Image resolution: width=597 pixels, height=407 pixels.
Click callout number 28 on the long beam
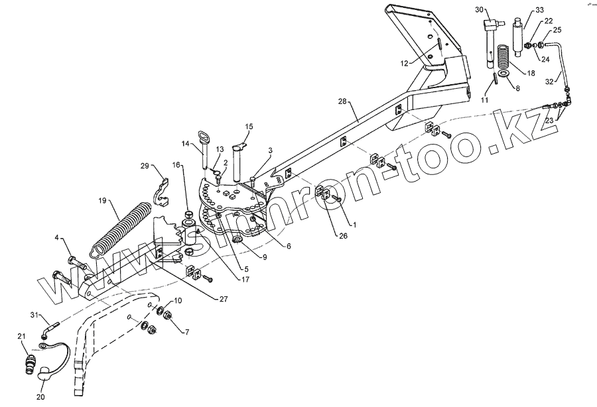(342, 101)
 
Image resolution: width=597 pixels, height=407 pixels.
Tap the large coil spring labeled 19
(119, 226)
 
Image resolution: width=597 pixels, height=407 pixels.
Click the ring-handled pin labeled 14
(206, 150)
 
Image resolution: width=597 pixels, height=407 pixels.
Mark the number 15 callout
(249, 126)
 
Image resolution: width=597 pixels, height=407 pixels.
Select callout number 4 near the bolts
(56, 237)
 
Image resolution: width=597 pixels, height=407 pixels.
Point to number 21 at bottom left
(21, 337)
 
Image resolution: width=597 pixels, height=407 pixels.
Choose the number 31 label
(34, 314)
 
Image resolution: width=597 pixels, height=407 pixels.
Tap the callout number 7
(186, 331)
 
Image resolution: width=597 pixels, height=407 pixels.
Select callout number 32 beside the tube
(549, 82)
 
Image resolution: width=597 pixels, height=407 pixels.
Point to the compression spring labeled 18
(505, 56)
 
